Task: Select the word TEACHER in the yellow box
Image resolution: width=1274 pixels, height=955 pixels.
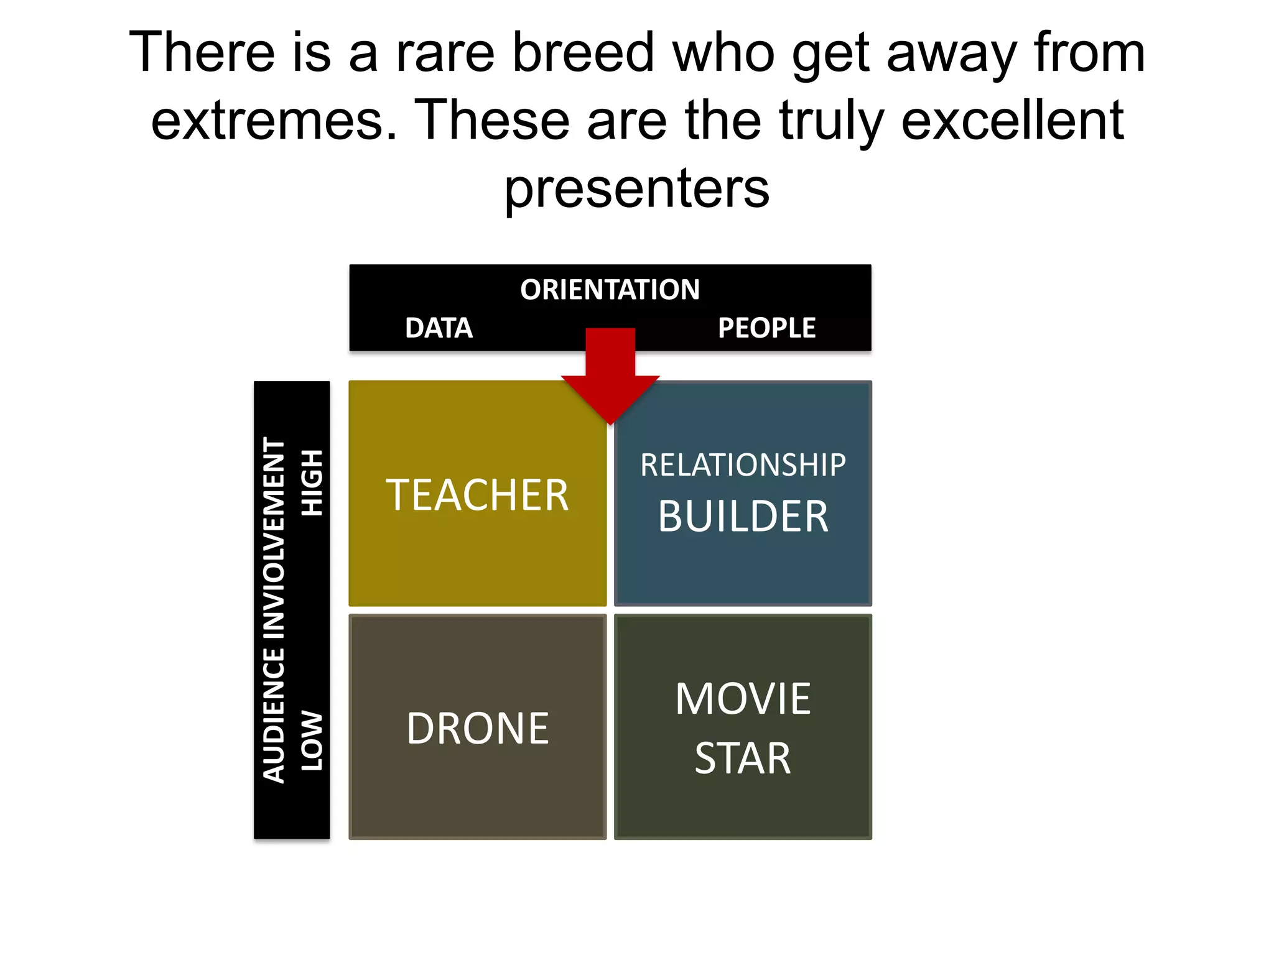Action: click(477, 495)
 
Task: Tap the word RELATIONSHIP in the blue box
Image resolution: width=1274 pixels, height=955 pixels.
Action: click(743, 465)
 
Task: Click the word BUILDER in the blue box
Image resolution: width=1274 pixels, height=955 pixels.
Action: click(743, 516)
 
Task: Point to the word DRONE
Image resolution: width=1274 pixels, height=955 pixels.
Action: click(477, 728)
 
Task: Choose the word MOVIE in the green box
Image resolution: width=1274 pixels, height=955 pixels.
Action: click(743, 699)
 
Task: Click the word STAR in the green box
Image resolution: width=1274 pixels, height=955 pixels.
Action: click(743, 759)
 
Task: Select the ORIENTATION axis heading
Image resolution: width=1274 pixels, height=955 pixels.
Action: click(610, 290)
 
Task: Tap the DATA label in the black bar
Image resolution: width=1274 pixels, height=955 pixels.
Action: click(439, 328)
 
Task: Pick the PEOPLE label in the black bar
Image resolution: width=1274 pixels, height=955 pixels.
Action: click(766, 328)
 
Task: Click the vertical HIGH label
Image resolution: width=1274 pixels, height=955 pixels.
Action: click(312, 482)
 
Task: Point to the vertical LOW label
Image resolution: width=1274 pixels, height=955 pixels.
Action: click(312, 741)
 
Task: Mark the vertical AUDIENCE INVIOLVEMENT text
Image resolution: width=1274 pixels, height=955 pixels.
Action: click(274, 609)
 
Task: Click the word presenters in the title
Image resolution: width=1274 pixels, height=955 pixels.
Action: click(636, 188)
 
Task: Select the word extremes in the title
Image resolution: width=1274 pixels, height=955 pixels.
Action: click(274, 120)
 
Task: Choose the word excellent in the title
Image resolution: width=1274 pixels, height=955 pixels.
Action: click(1012, 120)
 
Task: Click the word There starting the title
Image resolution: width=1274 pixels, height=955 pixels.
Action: click(202, 53)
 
